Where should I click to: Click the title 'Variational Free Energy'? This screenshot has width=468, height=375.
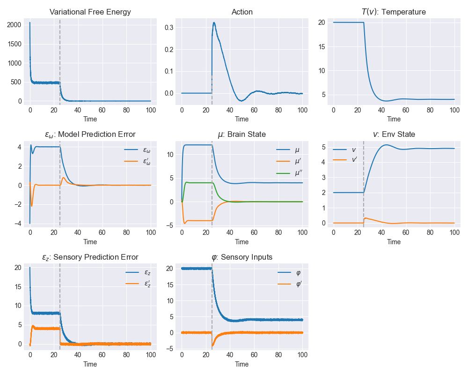coord(90,12)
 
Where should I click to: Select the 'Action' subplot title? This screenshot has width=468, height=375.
coord(242,12)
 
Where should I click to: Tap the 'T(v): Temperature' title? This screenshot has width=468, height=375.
coord(394,12)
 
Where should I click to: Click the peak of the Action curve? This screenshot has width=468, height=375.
coord(214,22)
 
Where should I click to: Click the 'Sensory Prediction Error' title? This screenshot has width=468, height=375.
coord(90,257)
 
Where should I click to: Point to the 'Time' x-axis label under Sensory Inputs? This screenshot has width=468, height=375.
coord(242,364)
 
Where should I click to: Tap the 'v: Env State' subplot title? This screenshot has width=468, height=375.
coord(394,135)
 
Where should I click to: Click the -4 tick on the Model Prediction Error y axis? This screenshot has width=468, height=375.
coord(17,224)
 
